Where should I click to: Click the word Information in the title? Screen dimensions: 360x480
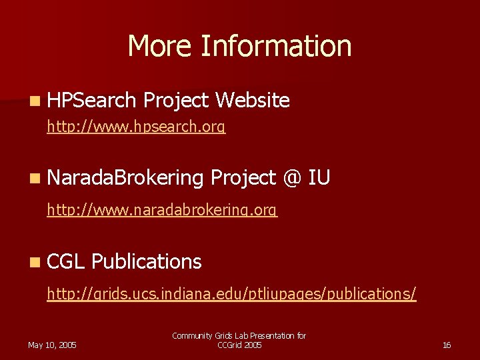pos(276,46)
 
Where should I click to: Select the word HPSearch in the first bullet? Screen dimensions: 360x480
pos(92,101)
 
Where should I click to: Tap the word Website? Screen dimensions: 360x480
pos(253,101)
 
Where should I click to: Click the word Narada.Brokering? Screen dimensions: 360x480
pos(125,178)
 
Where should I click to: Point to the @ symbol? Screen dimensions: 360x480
pos(292,178)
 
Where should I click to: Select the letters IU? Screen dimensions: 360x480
pos(320,178)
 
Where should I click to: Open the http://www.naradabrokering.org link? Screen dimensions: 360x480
pos(162,211)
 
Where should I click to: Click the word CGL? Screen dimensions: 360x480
pos(66,262)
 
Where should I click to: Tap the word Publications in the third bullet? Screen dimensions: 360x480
pos(147,262)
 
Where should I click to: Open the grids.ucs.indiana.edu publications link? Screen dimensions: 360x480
pos(231,294)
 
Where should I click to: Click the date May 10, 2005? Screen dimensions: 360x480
pos(52,345)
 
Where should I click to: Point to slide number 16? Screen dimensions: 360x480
pos(447,345)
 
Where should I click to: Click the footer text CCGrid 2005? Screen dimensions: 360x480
pos(239,345)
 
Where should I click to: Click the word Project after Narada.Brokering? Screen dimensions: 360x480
pos(243,178)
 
